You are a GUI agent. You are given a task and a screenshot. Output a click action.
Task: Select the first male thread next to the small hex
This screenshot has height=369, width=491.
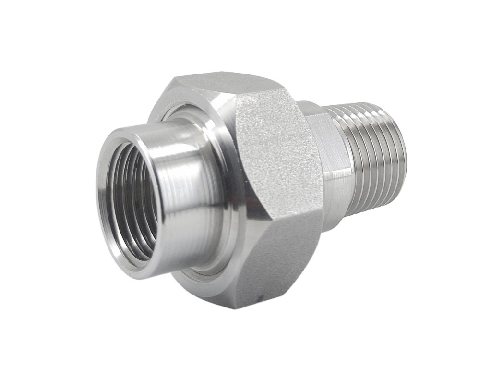point(353,159)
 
